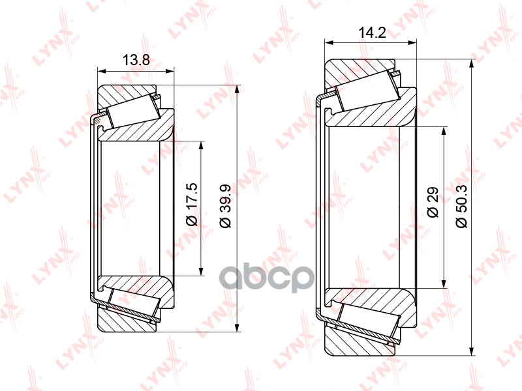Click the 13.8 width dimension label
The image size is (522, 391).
point(136,60)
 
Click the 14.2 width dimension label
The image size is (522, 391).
point(372,33)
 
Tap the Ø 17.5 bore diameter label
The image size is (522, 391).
point(192,204)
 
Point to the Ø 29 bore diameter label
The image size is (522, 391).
point(433,202)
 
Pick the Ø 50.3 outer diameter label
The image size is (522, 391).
point(462,206)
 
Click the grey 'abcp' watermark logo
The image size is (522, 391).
point(268,279)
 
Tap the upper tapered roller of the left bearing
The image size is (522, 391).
point(134,110)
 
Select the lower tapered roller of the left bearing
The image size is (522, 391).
point(135,303)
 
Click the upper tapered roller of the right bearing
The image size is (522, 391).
point(367,90)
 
